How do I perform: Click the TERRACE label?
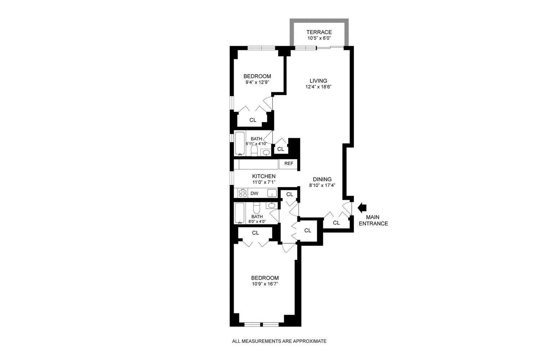pos(319,32)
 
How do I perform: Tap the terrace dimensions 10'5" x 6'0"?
pos(319,37)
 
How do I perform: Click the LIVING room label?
pos(318,81)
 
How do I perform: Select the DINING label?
pos(322,179)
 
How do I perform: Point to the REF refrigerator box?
pos(289,164)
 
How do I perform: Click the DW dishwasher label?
pos(254,193)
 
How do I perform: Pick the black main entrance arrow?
pos(362,207)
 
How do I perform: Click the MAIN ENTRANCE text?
pos(377,220)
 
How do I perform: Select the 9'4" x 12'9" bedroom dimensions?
pos(257,82)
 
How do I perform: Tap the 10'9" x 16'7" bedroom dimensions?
pos(265,284)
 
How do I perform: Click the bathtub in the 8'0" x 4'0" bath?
pos(240,213)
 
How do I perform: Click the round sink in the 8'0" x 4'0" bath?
pos(272,206)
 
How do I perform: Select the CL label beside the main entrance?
pos(336,223)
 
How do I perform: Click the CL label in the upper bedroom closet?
pos(253,120)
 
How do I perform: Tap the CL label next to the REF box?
pos(280,149)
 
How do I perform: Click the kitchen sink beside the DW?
pos(272,193)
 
